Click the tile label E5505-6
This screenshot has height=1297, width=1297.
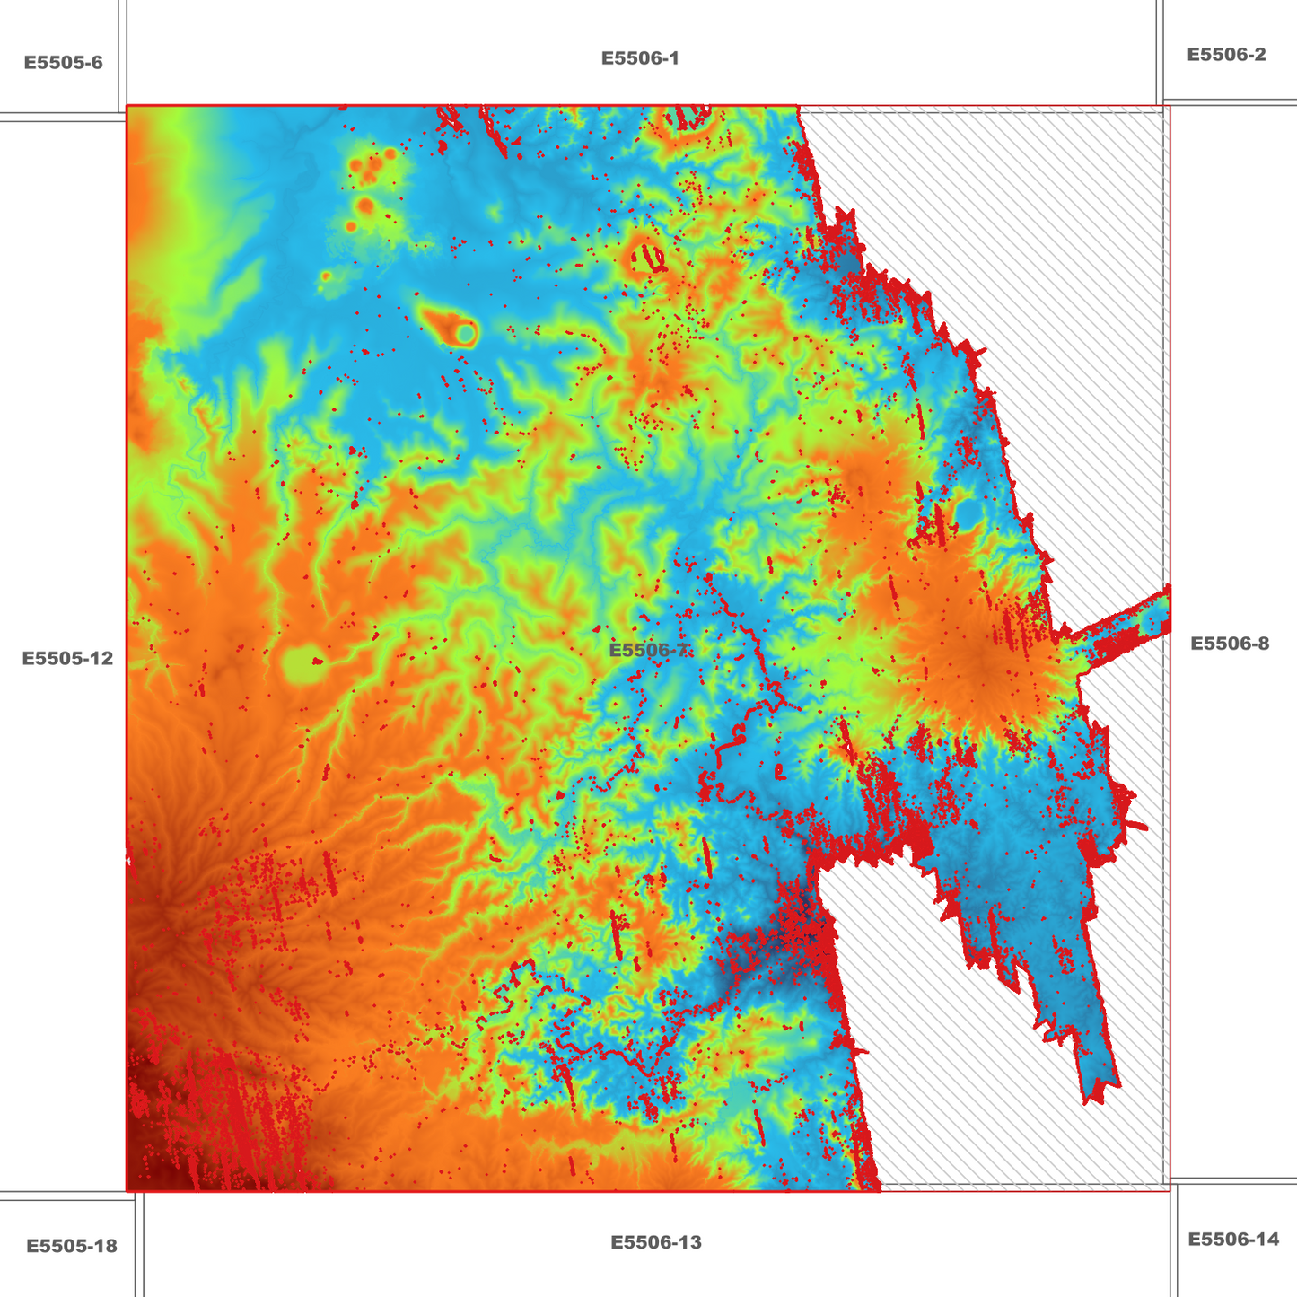pos(63,63)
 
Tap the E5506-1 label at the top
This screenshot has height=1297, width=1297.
pos(640,58)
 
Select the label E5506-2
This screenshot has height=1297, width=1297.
pos(1226,55)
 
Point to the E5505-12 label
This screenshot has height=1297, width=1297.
pos(67,658)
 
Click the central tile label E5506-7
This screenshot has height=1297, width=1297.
pos(650,650)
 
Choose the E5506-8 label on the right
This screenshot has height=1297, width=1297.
pos(1229,643)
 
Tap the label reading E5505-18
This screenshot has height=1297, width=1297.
pos(71,1246)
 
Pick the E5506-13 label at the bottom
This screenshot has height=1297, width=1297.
pos(655,1242)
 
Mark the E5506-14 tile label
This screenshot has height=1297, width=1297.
pos(1232,1240)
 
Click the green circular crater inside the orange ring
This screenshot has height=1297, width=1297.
pos(465,334)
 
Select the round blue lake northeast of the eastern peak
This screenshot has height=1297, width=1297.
pos(968,513)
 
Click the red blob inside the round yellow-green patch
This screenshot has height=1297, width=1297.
pos(316,662)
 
